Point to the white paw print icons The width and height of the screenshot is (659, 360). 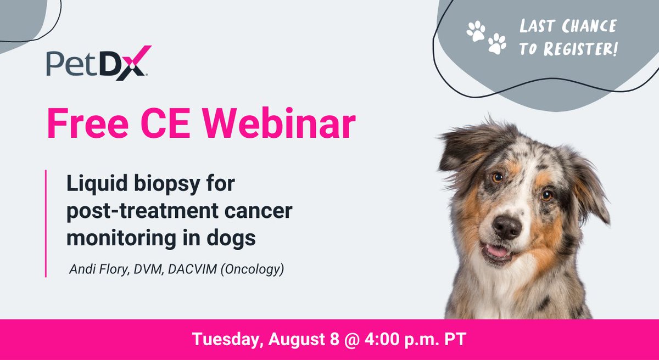coord(487,37)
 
